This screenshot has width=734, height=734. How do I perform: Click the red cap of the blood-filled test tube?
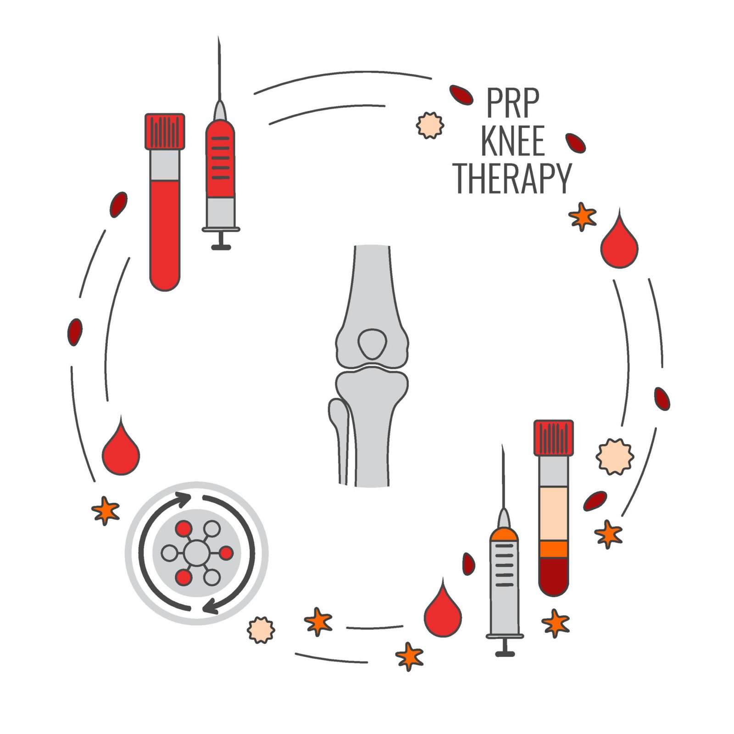point(165,131)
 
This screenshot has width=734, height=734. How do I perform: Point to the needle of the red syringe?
point(219,69)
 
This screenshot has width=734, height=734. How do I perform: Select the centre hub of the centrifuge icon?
point(197,553)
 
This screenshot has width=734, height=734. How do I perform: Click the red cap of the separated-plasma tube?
point(553,438)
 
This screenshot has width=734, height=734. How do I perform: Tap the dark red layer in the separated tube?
point(554,576)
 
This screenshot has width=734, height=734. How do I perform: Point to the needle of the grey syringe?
point(503,477)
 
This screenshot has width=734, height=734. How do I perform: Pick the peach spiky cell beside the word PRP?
point(430,125)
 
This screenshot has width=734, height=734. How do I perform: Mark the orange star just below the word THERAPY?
point(582,216)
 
